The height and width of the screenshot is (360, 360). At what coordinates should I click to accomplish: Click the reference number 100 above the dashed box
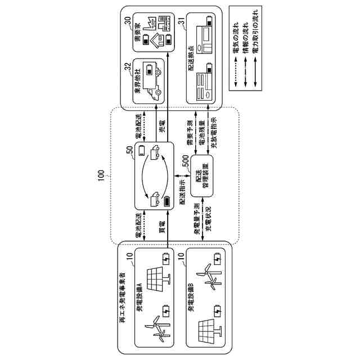pyautogui.click(x=100, y=177)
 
